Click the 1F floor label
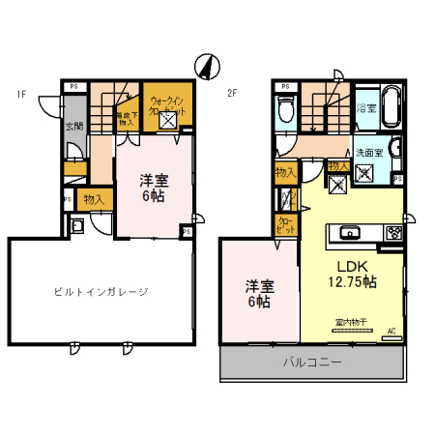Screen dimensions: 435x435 coord(19,94)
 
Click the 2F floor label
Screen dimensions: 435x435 coord(232,94)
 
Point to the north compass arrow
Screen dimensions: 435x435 coord(204,66)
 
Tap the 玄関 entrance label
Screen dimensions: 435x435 coord(74,127)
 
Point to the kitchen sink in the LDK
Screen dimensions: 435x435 coord(350,233)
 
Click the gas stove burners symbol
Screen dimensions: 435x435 coord(394,233)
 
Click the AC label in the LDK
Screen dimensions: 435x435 coord(391,333)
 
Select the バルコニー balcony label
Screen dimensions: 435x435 coord(311,363)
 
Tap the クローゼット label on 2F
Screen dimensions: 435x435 coord(287,227)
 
